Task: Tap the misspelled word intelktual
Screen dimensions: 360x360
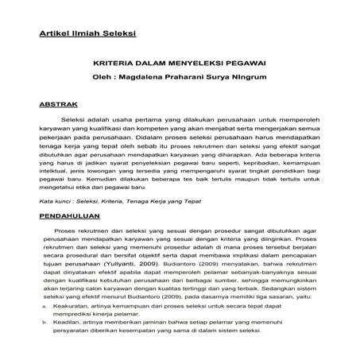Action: (55, 169)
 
